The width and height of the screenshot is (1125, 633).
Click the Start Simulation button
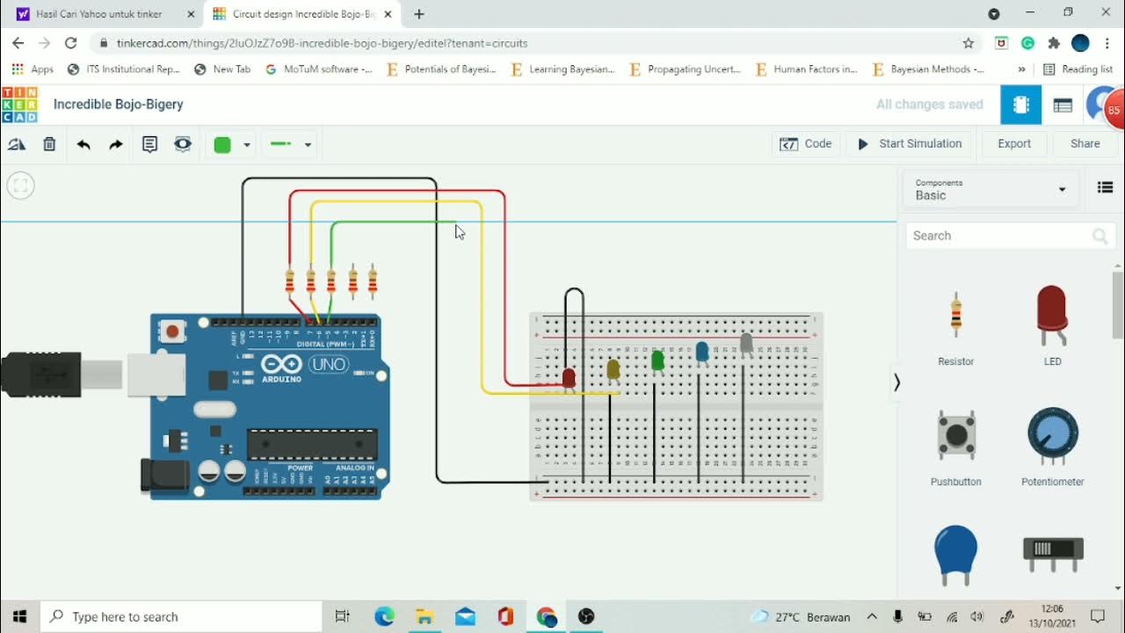coord(910,144)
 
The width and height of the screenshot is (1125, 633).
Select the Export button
coord(1013,144)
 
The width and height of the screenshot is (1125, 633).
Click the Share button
coord(1085,144)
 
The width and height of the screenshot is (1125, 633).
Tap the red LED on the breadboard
coord(569,378)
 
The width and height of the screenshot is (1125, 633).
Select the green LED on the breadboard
coord(657,360)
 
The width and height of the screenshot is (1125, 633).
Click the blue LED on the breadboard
coord(701,352)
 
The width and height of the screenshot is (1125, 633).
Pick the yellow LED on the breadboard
coord(613,369)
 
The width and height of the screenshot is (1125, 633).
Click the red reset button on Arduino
coord(172,331)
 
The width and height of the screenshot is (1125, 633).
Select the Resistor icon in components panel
coord(955,314)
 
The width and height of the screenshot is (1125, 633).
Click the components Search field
coord(998,236)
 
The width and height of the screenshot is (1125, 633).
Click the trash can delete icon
coord(49,144)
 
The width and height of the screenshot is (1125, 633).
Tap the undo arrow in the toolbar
coord(83,144)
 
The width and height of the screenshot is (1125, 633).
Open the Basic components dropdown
coord(991,189)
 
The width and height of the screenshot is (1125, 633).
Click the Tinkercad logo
coord(19,105)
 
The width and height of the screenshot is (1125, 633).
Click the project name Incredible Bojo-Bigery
coord(119,105)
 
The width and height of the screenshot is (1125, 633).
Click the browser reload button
coord(71,43)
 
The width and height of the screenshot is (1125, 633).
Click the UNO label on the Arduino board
coord(328,364)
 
